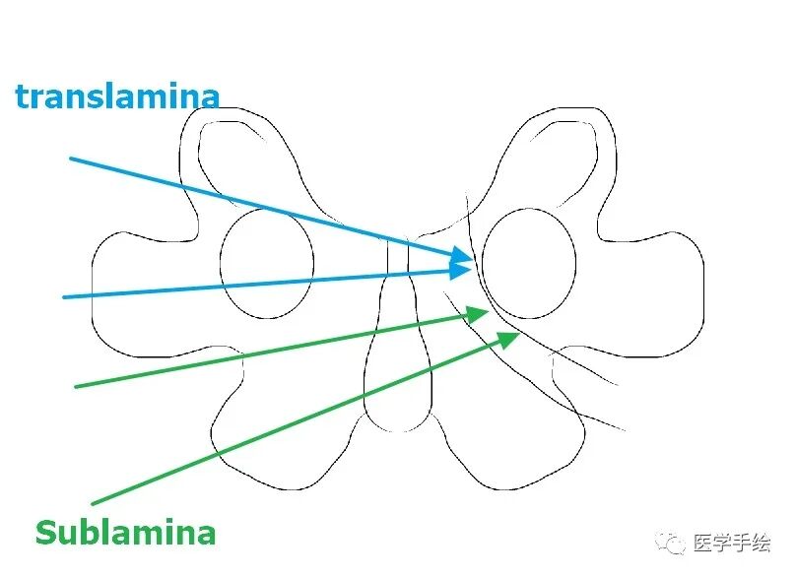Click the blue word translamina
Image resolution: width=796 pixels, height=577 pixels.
point(116,96)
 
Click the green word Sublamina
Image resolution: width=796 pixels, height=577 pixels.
point(125,533)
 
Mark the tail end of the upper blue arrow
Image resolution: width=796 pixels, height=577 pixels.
point(71,158)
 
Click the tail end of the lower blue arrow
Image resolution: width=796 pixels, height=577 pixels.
point(64,296)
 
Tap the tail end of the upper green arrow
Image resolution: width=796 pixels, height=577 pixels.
point(76,386)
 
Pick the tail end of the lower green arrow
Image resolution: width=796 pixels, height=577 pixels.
point(92,504)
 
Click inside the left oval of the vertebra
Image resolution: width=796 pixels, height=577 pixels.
point(266,264)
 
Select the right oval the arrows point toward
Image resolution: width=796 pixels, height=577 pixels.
point(529,264)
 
